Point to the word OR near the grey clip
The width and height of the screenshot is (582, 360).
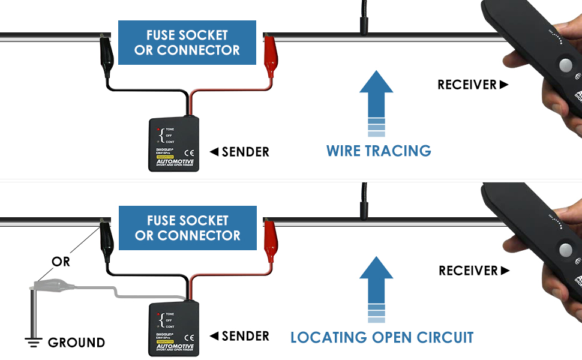[x=61, y=262]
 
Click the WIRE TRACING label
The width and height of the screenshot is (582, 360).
[x=379, y=151]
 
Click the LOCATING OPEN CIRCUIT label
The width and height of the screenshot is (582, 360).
[x=382, y=337]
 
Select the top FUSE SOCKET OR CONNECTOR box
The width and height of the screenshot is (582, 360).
[x=187, y=43]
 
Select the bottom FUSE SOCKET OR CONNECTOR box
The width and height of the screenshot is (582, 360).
[x=187, y=228]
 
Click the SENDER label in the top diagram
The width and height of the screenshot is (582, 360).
[x=239, y=152]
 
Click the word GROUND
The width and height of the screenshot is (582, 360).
[x=76, y=343]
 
